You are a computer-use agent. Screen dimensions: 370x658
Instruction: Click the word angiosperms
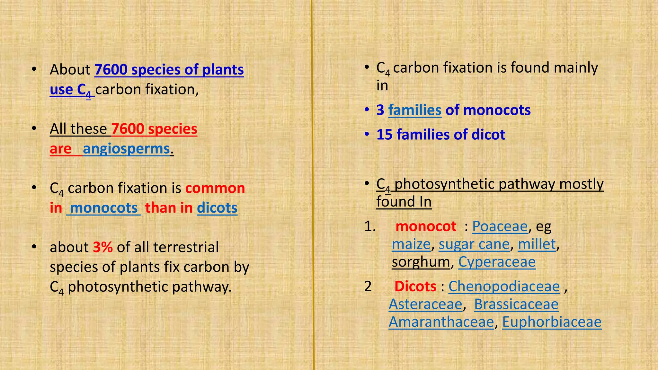coord(126,149)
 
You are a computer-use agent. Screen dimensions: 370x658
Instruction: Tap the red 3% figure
coord(103,247)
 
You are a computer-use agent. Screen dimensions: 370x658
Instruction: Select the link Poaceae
coord(500,226)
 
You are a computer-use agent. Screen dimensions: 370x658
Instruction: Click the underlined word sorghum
coord(421,262)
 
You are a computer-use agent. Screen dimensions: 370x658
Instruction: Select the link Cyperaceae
coord(497,262)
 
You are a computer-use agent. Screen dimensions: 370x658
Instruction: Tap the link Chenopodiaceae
coord(504,286)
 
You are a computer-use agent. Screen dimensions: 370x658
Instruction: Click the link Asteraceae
coord(425,304)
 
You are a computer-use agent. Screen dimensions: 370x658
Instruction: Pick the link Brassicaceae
coord(516,304)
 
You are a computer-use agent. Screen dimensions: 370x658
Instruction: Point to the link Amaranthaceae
coord(441,322)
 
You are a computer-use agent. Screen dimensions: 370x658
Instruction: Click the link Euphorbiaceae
coord(551,322)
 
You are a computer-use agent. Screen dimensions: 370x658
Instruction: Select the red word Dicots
coord(415,286)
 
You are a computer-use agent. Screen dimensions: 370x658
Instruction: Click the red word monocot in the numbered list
coord(426,226)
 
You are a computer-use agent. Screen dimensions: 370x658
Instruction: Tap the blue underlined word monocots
coord(104,208)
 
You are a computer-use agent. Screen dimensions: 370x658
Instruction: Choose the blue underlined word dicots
coord(217,208)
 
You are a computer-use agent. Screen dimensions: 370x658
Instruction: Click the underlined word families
coord(414,110)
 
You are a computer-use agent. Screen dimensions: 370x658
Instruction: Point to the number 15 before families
coord(384,135)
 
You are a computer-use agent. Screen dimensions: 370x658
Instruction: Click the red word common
coord(215,188)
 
